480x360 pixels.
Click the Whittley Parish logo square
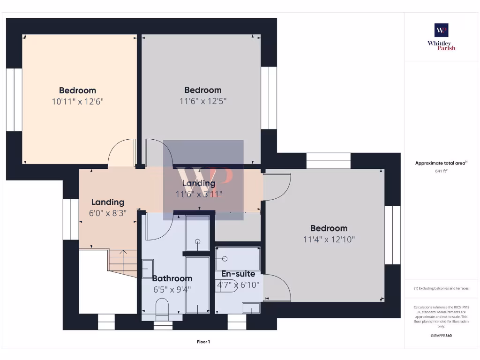pos(441,30)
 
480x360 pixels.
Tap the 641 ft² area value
pos(441,171)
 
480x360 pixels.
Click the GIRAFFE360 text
pos(441,336)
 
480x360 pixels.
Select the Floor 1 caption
pos(203,342)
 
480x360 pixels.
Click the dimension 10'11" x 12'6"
pos(77,101)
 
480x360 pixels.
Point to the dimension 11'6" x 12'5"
pos(202,100)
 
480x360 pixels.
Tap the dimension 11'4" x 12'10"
pos(329,239)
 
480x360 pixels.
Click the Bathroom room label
pos(172,278)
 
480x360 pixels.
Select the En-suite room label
pos(238,274)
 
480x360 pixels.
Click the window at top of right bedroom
pos(328,161)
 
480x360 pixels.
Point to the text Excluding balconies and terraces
pos(441,288)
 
